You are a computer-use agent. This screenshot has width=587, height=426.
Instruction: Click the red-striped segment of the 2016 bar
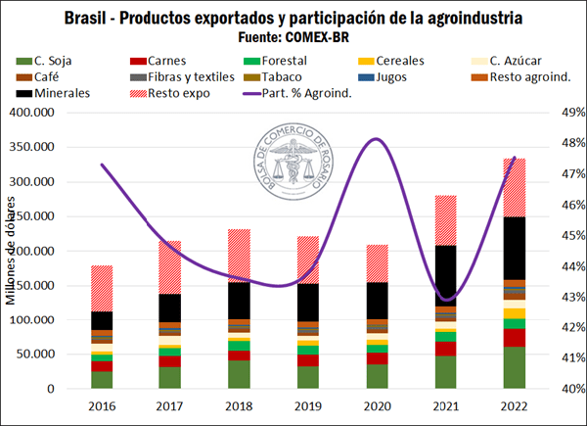pos(102,288)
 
